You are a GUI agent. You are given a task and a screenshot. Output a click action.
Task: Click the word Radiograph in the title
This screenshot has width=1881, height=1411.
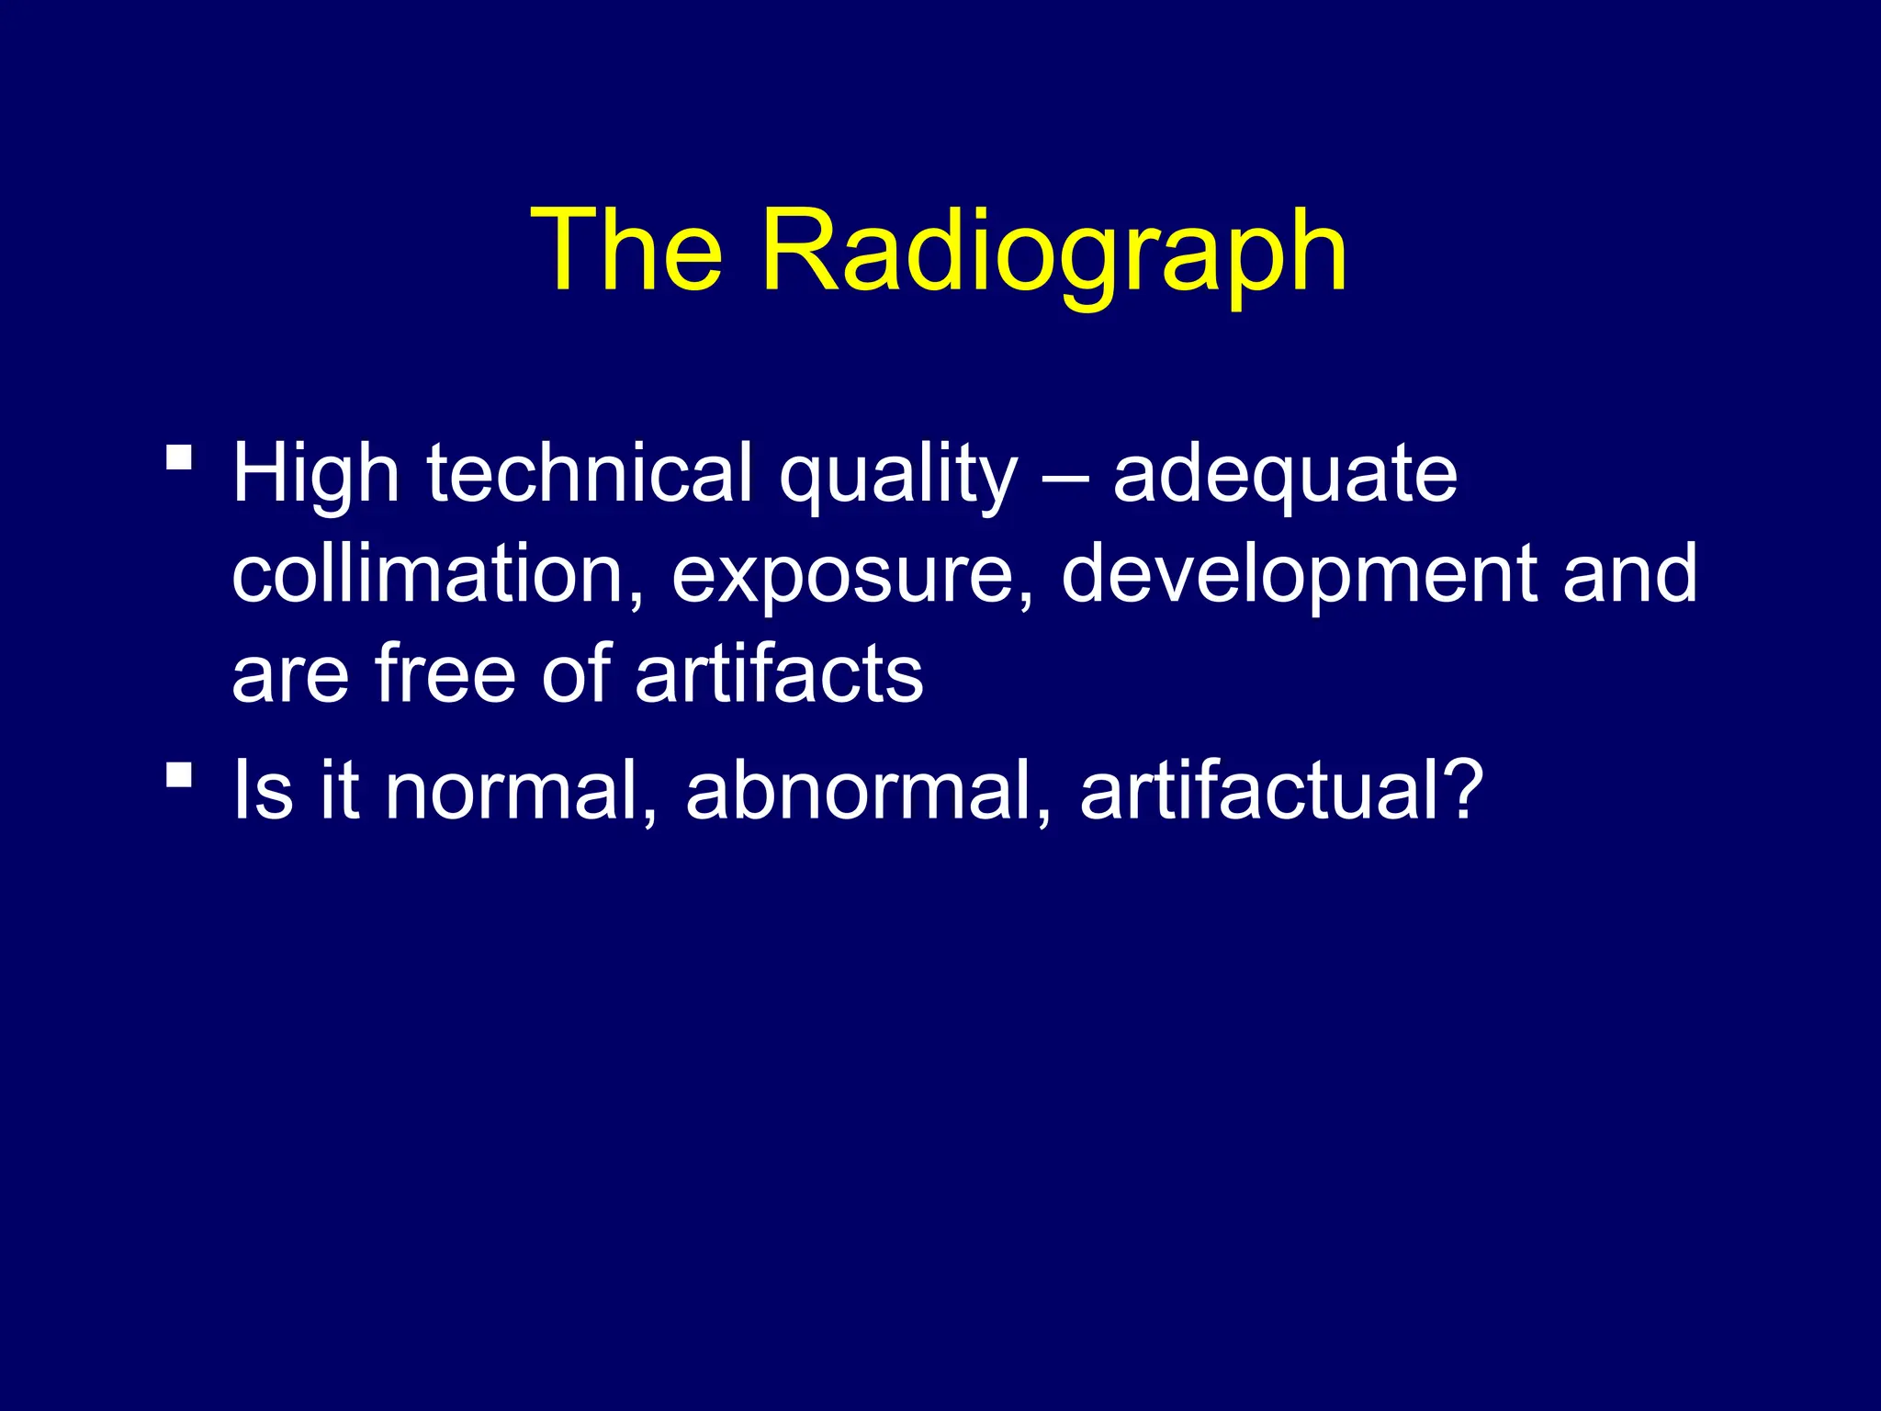pyautogui.click(x=1053, y=250)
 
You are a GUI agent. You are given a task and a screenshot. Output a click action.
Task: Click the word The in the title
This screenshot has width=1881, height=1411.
pyautogui.click(x=626, y=250)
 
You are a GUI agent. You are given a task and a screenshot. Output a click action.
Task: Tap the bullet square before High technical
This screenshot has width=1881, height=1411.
pyautogui.click(x=179, y=457)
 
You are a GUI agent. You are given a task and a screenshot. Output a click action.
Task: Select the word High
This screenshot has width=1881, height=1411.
pyautogui.click(x=315, y=474)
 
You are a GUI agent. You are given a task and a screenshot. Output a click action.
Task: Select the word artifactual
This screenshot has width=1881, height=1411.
pyautogui.click(x=1262, y=791)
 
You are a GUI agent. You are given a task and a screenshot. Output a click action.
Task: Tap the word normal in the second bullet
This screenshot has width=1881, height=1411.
pyautogui.click(x=521, y=791)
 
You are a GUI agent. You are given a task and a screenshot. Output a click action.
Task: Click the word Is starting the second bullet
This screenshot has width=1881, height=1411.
pyautogui.click(x=263, y=791)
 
